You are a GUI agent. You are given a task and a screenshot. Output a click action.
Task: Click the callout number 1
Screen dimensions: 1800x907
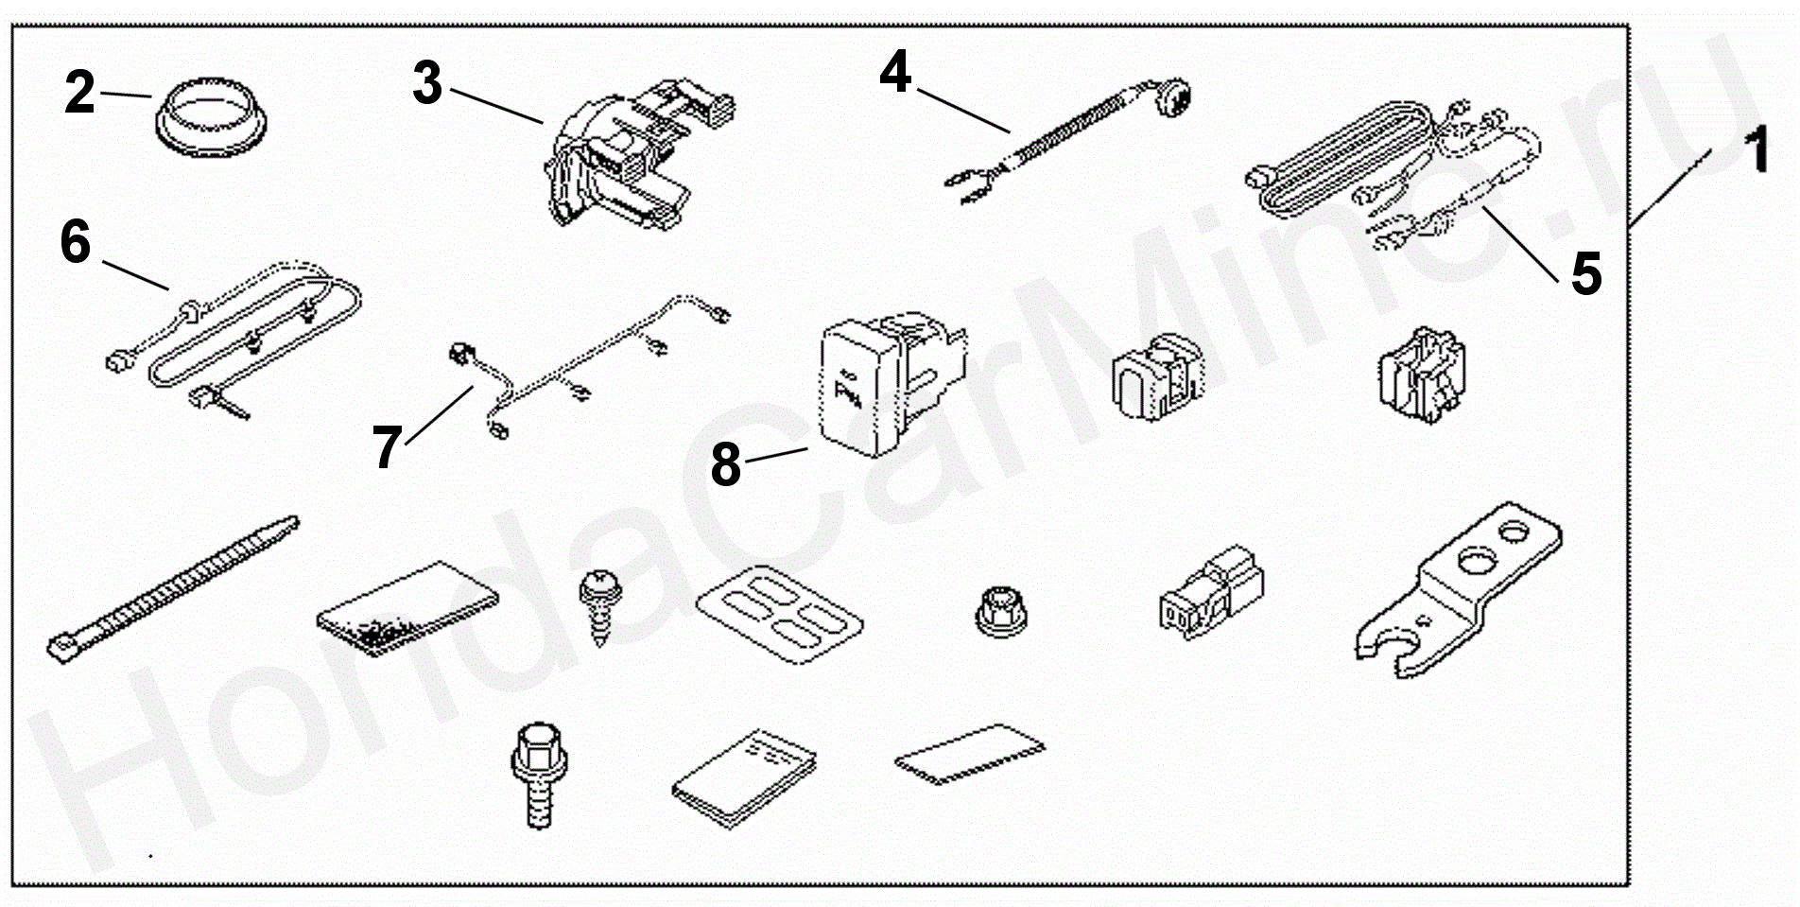click(x=1756, y=152)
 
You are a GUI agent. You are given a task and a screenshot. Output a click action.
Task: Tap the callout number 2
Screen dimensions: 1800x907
click(x=79, y=93)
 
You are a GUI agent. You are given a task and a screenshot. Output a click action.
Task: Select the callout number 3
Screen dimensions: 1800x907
click(x=427, y=83)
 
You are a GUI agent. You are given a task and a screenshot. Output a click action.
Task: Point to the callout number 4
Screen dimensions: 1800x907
click(x=894, y=72)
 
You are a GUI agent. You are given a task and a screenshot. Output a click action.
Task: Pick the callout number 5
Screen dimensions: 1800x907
click(x=1585, y=273)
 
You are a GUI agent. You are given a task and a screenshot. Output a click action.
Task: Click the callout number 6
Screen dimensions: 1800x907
click(x=76, y=242)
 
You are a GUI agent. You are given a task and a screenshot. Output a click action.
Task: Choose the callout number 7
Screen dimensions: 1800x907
click(x=388, y=446)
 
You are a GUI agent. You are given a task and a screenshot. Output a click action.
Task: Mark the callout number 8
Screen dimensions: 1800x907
click(x=725, y=465)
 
